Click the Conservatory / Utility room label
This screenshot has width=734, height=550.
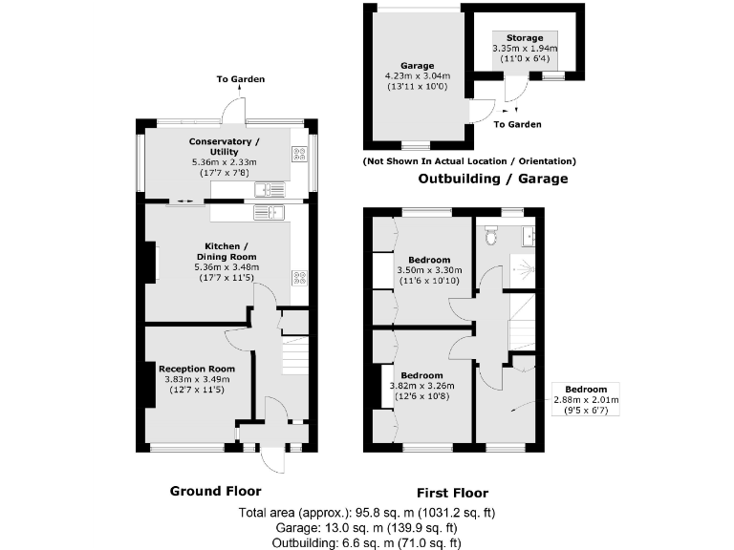click(224, 147)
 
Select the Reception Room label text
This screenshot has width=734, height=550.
click(197, 369)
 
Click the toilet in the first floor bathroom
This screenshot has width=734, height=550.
click(490, 233)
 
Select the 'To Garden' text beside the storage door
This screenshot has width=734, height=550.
click(517, 124)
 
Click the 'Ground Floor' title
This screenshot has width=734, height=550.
click(215, 491)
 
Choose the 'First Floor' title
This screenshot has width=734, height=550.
click(452, 493)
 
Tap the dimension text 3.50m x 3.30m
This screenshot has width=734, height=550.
click(429, 270)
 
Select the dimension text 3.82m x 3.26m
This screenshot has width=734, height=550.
click(421, 386)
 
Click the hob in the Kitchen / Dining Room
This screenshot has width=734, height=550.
click(298, 279)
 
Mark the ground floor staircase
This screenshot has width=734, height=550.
click(295, 362)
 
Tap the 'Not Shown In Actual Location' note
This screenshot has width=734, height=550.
click(468, 161)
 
